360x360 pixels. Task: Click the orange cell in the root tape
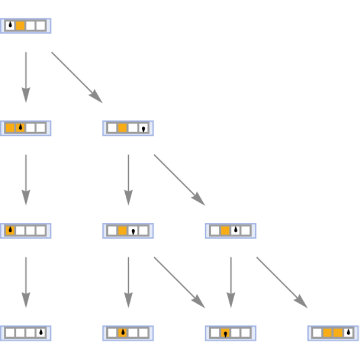(x=20, y=26)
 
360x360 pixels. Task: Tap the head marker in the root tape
(x=10, y=26)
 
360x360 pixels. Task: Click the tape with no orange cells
(x=26, y=333)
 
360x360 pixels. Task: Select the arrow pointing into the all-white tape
(x=26, y=282)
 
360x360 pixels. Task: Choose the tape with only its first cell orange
(x=26, y=230)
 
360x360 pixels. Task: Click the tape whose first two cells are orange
(x=26, y=128)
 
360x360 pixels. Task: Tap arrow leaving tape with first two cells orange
(x=26, y=179)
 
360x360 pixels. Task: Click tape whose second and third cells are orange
(x=333, y=333)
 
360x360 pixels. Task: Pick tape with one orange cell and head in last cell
(x=128, y=128)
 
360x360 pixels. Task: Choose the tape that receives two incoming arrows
(x=230, y=333)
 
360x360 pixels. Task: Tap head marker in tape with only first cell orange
(x=10, y=230)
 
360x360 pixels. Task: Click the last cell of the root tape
(x=41, y=26)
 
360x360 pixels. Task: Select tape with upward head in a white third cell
(x=230, y=230)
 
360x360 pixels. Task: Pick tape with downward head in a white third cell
(x=128, y=230)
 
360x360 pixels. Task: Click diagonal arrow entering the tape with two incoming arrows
(x=179, y=282)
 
